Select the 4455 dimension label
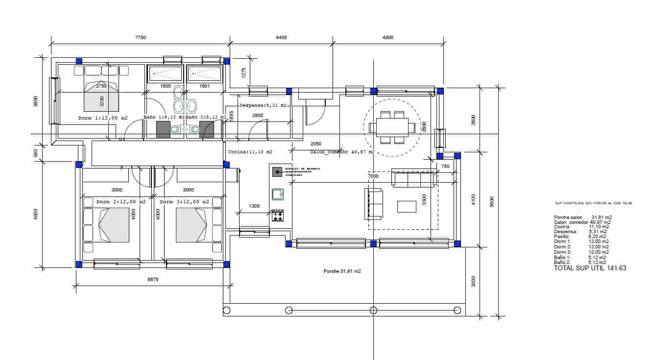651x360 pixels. (281, 38)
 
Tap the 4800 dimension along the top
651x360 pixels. (387, 38)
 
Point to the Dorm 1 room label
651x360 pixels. (103, 118)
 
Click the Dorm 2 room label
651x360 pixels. (121, 202)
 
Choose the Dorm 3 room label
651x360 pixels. (184, 202)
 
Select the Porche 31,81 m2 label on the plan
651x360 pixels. (342, 271)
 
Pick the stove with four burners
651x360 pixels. (278, 215)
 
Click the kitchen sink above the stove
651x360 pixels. (278, 194)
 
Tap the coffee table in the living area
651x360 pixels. (407, 206)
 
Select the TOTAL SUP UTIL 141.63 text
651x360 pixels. (590, 268)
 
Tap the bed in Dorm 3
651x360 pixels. (191, 224)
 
